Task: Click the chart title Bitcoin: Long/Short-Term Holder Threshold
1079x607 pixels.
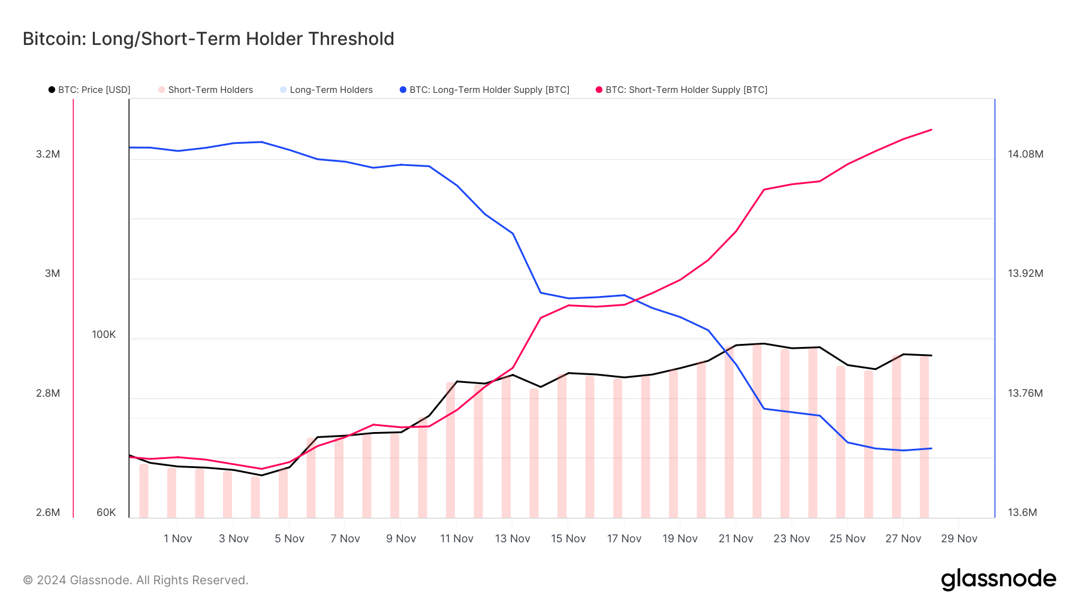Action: (x=208, y=39)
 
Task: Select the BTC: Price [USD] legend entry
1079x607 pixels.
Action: (x=89, y=90)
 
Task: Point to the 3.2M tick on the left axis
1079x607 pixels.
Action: (x=48, y=154)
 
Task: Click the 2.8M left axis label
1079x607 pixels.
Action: (x=48, y=393)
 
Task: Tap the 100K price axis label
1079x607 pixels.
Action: (x=104, y=334)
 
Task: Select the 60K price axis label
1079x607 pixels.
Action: (x=106, y=512)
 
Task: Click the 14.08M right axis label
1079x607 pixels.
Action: (x=1025, y=154)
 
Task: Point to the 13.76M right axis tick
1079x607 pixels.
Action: (x=1025, y=393)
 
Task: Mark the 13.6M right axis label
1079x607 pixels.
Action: (x=1022, y=512)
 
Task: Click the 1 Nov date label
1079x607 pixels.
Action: (x=178, y=539)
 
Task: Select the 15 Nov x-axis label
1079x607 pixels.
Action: (x=568, y=539)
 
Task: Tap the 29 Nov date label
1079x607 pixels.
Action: (x=959, y=539)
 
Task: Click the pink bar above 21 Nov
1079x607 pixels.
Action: (x=729, y=437)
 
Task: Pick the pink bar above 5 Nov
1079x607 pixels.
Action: (x=284, y=494)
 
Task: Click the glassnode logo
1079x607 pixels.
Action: (x=998, y=579)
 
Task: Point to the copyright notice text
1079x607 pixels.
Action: (x=135, y=580)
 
